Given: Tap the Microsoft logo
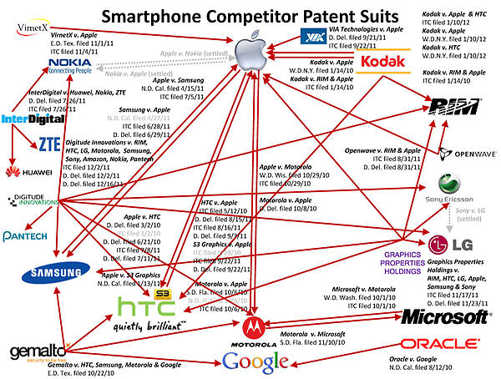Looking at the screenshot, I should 438,316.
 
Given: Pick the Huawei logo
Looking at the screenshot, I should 23,173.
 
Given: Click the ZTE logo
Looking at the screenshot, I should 50,143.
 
